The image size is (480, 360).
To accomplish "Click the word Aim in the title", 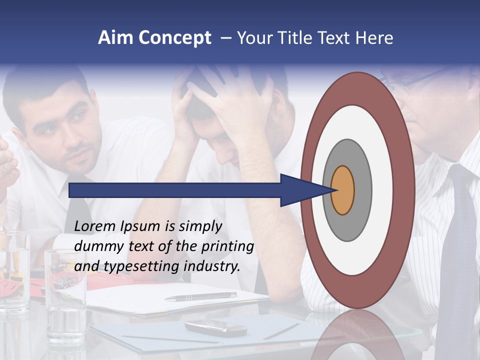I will click(x=115, y=38).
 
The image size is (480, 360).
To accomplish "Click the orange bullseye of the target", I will click(x=342, y=190).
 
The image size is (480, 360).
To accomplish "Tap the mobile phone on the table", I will click(x=216, y=328).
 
